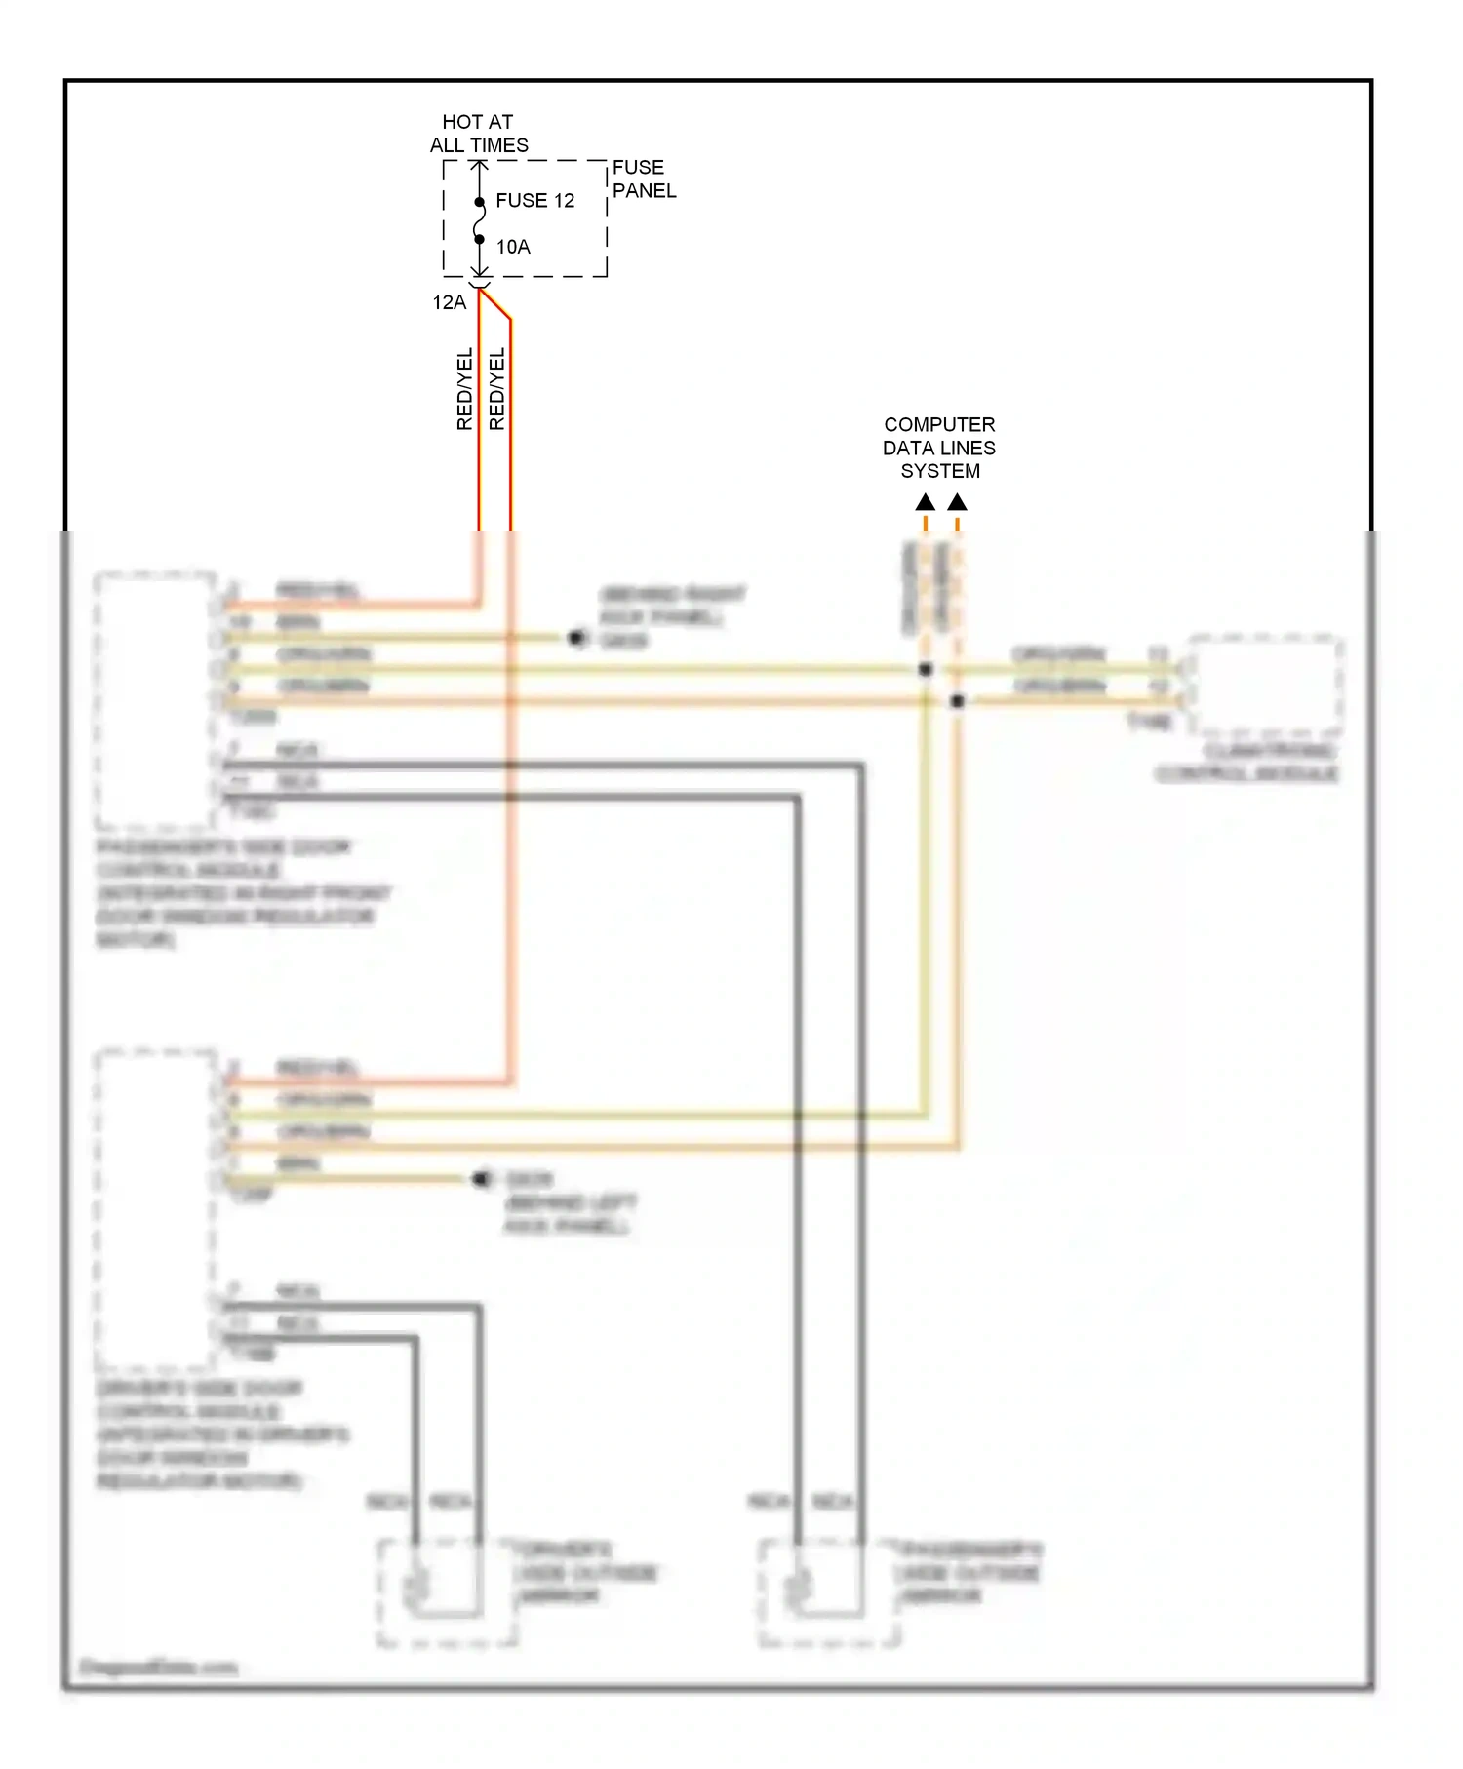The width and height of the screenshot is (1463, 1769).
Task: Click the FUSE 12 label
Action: [x=534, y=201]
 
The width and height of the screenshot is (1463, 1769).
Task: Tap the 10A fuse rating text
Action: [x=513, y=247]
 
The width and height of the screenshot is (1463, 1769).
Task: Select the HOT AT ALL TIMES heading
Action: [x=478, y=134]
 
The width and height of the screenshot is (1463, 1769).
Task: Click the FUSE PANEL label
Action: [x=643, y=179]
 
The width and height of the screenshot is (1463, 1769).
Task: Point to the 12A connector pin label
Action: [x=450, y=302]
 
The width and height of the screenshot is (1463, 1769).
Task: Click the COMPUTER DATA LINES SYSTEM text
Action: [x=939, y=448]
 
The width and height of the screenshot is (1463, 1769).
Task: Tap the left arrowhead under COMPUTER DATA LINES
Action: [x=926, y=502]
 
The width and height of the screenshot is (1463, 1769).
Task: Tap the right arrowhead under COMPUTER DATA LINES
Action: [x=958, y=502]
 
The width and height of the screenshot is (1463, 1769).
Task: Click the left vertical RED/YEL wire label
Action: [x=465, y=389]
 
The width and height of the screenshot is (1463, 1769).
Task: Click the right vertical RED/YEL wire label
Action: [x=497, y=389]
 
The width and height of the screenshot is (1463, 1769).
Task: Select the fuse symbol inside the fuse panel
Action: [x=479, y=220]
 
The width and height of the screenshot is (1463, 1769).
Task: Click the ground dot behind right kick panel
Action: [x=577, y=638]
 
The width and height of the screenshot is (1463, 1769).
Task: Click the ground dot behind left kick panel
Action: [x=480, y=1179]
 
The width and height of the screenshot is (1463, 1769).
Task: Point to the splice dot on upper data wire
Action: [x=926, y=669]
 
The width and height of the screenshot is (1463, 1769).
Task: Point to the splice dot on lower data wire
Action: [x=958, y=700]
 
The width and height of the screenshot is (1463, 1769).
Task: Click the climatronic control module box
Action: [x=1265, y=686]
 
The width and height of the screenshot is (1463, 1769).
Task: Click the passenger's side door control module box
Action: [x=155, y=700]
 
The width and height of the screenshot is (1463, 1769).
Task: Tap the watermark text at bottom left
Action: [x=158, y=1667]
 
